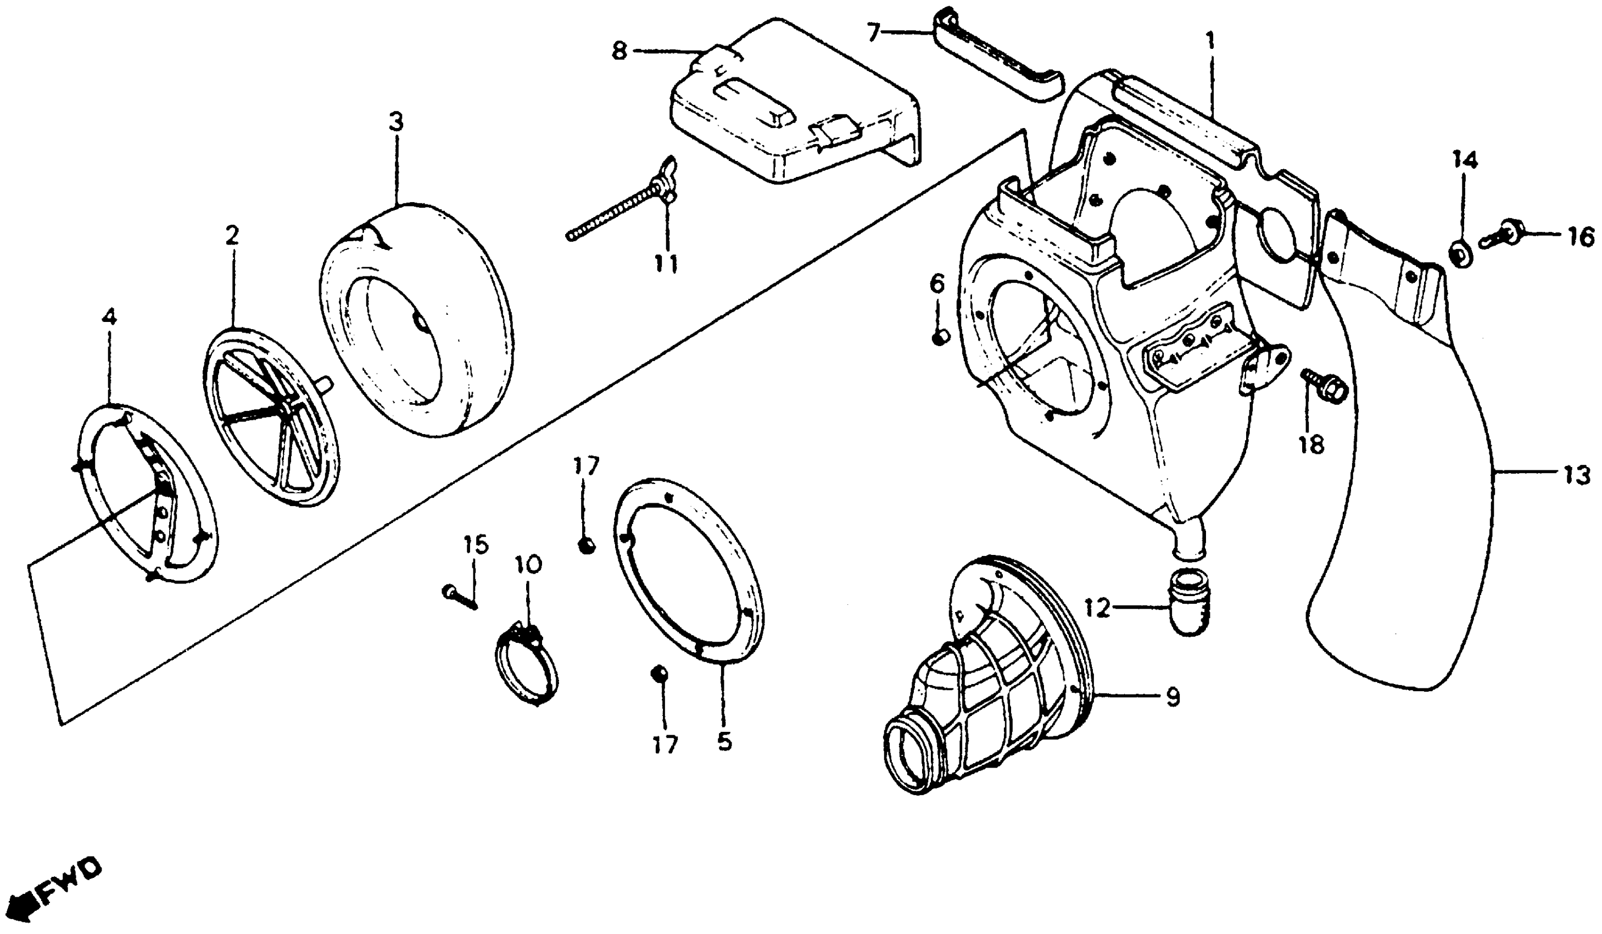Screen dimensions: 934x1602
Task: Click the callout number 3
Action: click(x=396, y=122)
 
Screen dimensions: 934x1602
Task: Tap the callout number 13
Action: click(x=1577, y=476)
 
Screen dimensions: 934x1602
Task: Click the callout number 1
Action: click(x=1210, y=43)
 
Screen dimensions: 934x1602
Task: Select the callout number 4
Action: click(x=110, y=317)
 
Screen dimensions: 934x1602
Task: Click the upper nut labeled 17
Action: click(x=587, y=546)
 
